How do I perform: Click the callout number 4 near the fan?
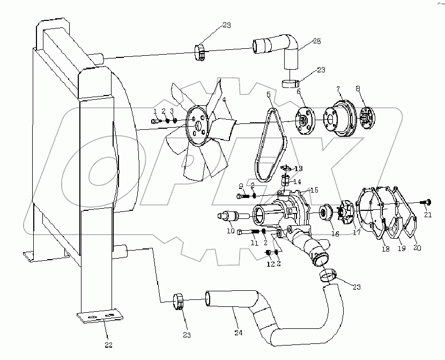pyautogui.click(x=224, y=99)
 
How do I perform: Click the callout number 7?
pyautogui.click(x=337, y=88)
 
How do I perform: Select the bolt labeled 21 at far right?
pyautogui.click(x=427, y=202)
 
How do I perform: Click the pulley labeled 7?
pyautogui.click(x=338, y=117)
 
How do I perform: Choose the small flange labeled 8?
pyautogui.click(x=367, y=117)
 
